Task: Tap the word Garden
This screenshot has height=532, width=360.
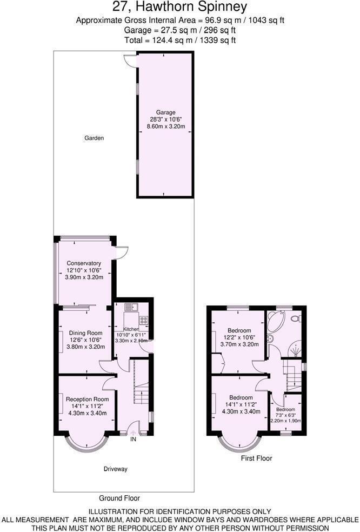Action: point(94,138)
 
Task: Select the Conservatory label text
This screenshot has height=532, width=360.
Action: point(84,263)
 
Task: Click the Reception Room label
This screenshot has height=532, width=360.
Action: point(87,399)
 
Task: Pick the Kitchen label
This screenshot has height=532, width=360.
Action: point(131,329)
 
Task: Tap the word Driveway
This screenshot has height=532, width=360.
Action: point(116,469)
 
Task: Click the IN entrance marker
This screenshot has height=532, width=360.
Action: point(133,439)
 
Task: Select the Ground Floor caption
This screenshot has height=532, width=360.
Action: point(119,498)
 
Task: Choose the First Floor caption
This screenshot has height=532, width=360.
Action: point(256,458)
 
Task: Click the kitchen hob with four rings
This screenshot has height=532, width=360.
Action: point(144,320)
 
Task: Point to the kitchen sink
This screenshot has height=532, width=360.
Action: point(131,308)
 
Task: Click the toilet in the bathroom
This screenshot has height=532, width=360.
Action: point(296,318)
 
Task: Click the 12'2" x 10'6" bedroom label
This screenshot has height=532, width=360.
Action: point(239,330)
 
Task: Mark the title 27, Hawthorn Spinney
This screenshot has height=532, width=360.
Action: point(180,7)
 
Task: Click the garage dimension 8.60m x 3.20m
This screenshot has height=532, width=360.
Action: point(166,127)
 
